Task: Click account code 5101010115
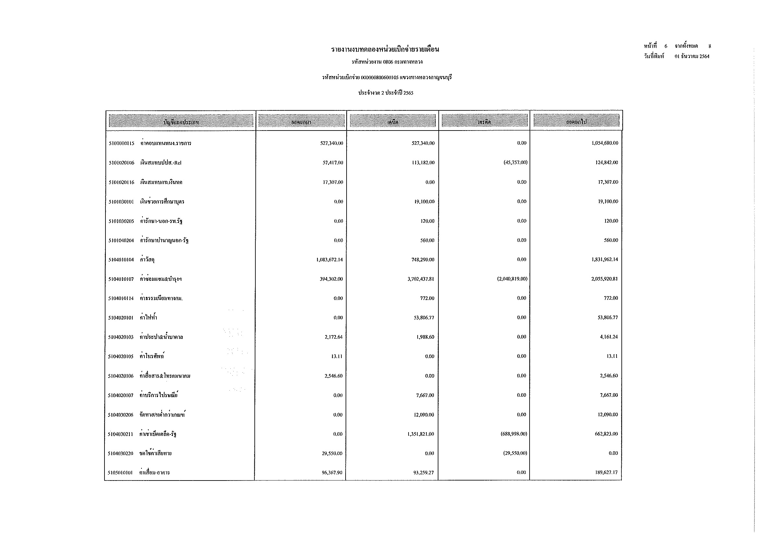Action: tap(121, 144)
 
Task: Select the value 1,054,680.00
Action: tap(605, 143)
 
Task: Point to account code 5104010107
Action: tap(121, 280)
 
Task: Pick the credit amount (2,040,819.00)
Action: tap(512, 279)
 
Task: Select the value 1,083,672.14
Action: tap(329, 260)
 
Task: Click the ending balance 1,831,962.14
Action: tap(605, 260)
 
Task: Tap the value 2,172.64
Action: tap(334, 337)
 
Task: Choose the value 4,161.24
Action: tap(608, 337)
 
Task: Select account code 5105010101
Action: tap(120, 473)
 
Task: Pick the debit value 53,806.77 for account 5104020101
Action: tap(424, 318)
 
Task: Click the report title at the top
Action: tap(385, 50)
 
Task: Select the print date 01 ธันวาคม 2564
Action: tap(692, 56)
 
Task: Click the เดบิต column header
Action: tap(393, 122)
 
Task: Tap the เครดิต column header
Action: tap(484, 122)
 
